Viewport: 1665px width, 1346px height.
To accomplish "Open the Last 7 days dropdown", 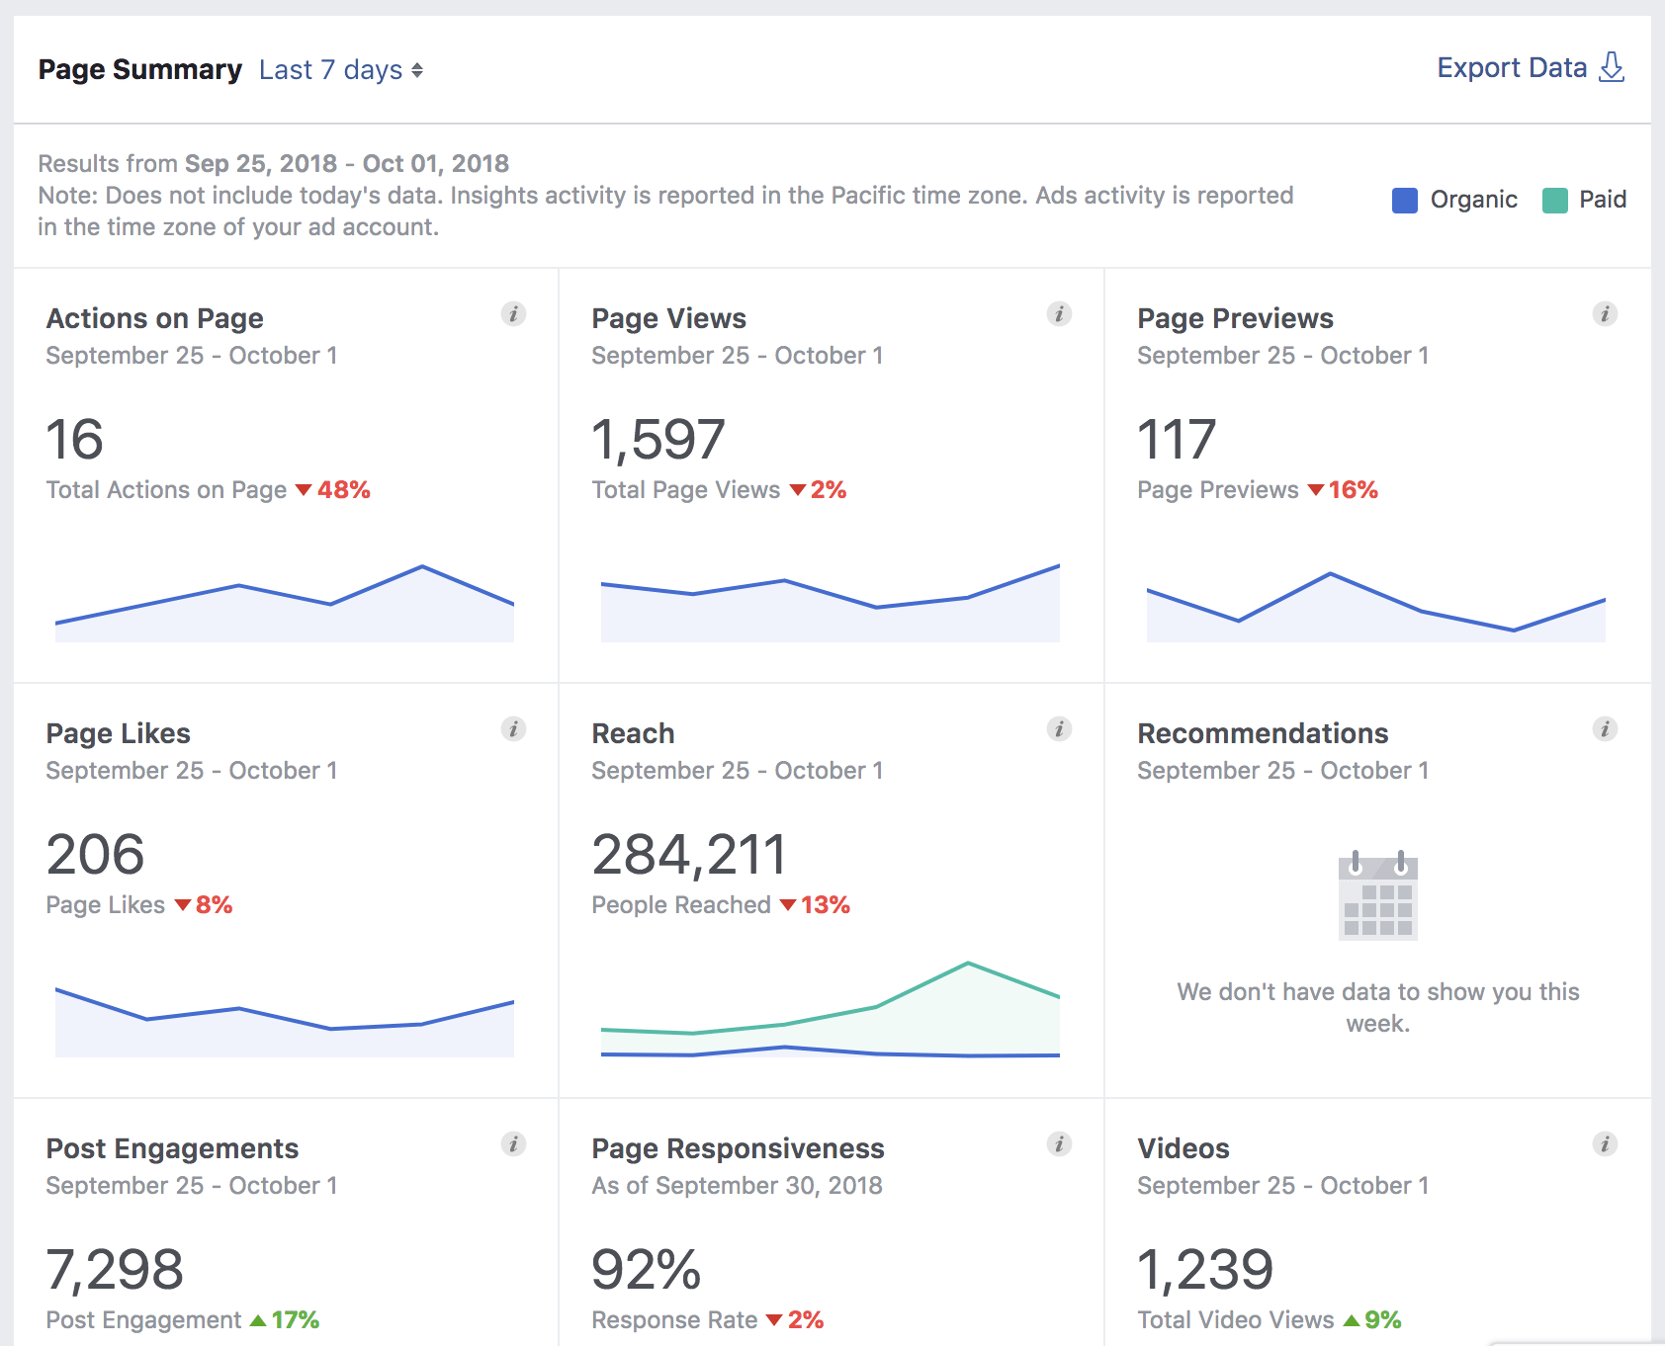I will (x=340, y=70).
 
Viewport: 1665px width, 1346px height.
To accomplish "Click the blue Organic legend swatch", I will (x=1404, y=201).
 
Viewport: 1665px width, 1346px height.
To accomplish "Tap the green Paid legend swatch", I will (x=1554, y=201).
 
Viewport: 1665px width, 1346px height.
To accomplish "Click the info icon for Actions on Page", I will (x=513, y=314).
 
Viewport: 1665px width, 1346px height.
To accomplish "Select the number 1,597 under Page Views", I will (x=658, y=440).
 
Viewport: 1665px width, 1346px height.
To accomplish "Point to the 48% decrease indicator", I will (x=333, y=490).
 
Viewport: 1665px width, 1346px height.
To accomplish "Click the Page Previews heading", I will (x=1235, y=318).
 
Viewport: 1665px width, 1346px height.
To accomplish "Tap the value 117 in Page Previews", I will (x=1176, y=440).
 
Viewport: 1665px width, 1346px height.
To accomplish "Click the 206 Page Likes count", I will (x=95, y=855).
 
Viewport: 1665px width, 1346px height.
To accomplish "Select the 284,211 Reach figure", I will (x=688, y=855).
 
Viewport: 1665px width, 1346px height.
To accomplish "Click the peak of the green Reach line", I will (x=968, y=963).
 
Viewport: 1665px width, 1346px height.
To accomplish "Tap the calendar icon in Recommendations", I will (x=1377, y=895).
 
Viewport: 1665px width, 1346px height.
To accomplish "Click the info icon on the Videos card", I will (x=1605, y=1144).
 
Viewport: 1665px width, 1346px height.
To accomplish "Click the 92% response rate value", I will (x=646, y=1270).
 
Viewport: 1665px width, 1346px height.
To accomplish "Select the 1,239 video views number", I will (x=1204, y=1270).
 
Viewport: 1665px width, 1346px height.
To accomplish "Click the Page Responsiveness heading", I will (x=738, y=1148).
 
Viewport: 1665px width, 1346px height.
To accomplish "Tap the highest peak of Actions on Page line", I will (x=422, y=566).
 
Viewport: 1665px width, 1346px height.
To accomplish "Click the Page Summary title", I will (x=139, y=70).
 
